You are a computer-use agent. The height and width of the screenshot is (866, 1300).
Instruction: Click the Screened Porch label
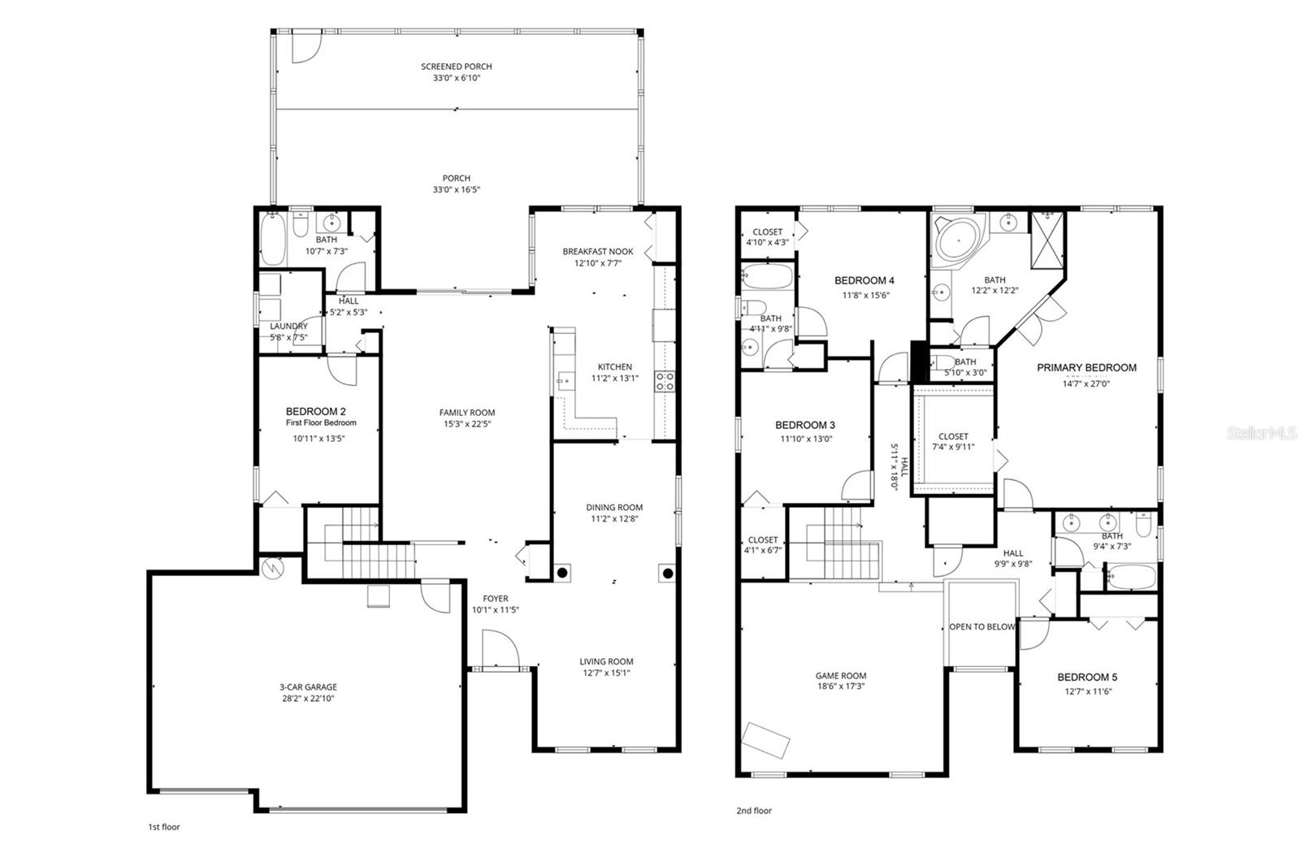456,67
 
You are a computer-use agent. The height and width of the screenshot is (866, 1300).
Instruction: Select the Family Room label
467,412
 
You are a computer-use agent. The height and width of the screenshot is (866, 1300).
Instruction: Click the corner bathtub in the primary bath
956,240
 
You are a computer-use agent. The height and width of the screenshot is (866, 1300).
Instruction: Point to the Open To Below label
982,626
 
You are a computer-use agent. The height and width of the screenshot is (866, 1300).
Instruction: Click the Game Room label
841,675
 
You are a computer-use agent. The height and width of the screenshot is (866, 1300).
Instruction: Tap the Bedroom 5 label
1087,677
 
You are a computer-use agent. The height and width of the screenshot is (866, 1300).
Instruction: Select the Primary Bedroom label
1086,367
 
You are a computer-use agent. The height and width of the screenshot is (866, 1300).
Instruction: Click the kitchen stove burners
665,381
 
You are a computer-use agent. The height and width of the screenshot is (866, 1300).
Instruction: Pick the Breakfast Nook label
598,252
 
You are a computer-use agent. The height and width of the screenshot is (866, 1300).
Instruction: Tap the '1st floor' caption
163,827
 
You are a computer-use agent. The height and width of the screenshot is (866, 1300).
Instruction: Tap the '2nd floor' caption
754,810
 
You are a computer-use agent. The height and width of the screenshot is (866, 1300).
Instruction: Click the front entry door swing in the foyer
499,650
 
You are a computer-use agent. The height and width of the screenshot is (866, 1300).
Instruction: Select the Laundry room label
288,326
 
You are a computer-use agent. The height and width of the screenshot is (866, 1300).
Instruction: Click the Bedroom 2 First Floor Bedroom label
320,416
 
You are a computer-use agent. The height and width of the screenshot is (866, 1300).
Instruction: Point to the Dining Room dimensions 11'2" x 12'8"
614,518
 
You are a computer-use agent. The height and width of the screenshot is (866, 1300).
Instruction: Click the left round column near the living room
562,573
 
